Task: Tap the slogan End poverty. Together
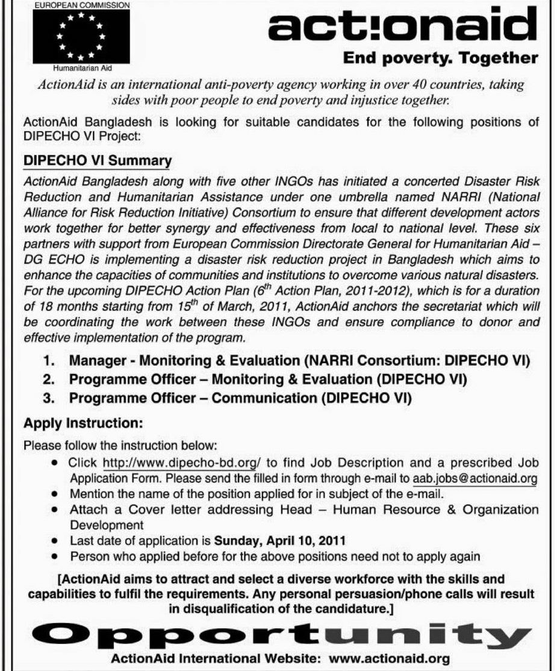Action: tap(440, 58)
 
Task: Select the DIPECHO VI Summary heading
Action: tap(97, 161)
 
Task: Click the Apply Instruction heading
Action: tap(83, 423)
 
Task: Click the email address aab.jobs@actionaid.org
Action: tap(475, 479)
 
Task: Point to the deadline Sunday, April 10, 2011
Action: tap(280, 540)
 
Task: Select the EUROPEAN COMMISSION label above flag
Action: tap(80, 4)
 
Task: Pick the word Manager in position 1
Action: tap(94, 361)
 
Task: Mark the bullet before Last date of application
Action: tap(55, 541)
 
